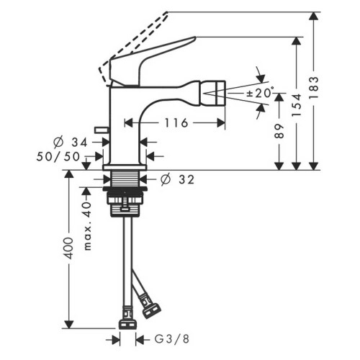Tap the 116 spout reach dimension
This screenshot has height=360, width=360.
pyautogui.click(x=174, y=123)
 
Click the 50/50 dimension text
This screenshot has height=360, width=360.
pyautogui.click(x=59, y=155)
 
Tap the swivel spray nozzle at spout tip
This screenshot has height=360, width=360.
pyautogui.click(x=214, y=91)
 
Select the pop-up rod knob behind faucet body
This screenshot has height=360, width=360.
pyautogui.click(x=100, y=130)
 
